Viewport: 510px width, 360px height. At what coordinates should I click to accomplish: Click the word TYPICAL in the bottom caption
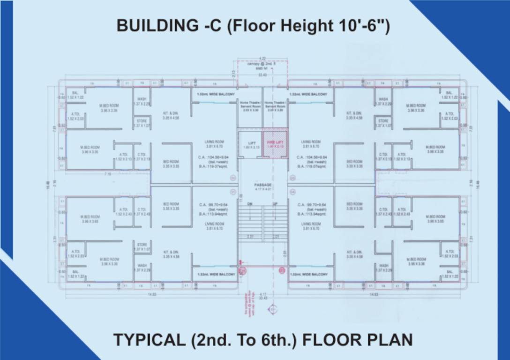pyautogui.click(x=149, y=339)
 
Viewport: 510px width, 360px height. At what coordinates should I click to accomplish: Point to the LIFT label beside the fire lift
pyautogui.click(x=251, y=143)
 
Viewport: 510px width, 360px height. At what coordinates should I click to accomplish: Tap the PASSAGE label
pyautogui.click(x=263, y=185)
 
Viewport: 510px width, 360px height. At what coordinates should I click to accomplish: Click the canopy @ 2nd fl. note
pyautogui.click(x=262, y=66)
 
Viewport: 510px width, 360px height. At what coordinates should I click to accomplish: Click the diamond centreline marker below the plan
pyautogui.click(x=271, y=309)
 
